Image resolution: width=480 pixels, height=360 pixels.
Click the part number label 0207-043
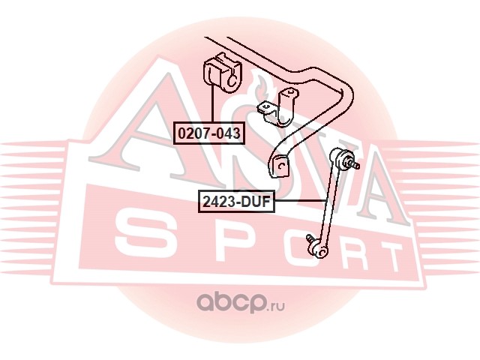(x=209, y=133)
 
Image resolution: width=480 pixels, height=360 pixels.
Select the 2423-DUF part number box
(x=235, y=201)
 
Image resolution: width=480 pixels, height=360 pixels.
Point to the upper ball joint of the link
(x=346, y=158)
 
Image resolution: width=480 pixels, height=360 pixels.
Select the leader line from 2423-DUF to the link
(x=300, y=201)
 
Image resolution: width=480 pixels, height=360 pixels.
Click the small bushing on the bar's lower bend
(x=280, y=164)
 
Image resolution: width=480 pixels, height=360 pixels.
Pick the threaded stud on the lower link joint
(x=310, y=240)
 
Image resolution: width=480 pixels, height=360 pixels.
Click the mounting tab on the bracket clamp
(x=265, y=108)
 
